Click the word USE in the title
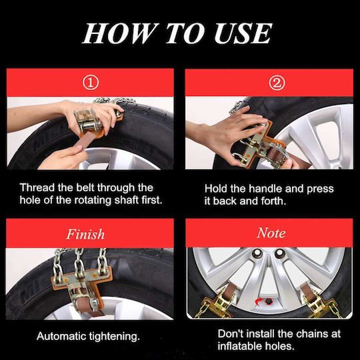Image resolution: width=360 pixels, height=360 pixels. [x=243, y=33]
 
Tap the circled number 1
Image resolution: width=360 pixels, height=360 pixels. [x=91, y=83]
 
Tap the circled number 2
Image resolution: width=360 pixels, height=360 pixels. [x=277, y=83]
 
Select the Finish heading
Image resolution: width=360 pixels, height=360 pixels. [x=85, y=234]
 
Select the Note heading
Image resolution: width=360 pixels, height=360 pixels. [x=271, y=233]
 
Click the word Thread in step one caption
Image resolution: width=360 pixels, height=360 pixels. [x=37, y=187]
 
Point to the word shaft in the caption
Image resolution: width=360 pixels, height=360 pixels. [x=127, y=200]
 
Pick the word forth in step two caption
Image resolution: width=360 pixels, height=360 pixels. [x=274, y=201]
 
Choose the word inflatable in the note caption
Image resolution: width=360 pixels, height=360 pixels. [x=240, y=346]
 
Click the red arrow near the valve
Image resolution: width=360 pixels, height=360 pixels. [x=259, y=301]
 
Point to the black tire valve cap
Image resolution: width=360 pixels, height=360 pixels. [x=268, y=301]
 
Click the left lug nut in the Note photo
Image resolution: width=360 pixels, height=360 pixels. [x=257, y=254]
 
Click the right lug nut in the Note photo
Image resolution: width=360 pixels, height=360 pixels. [x=280, y=253]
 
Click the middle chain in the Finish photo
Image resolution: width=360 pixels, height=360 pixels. [x=79, y=263]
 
